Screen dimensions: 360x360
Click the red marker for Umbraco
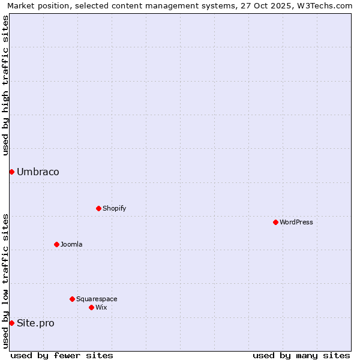pos(11,172)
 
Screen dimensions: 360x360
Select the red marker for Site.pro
pos(11,323)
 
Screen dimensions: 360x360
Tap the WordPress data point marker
pos(275,222)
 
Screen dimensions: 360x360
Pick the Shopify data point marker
pos(98,208)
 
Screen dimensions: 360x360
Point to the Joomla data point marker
pos(56,244)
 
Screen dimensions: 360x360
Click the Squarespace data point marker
pos(72,299)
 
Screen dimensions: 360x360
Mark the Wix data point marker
pos(91,307)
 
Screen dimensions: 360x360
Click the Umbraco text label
pos(38,172)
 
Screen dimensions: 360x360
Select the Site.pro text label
pos(35,323)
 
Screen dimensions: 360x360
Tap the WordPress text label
pos(296,222)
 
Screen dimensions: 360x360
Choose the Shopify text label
pos(115,208)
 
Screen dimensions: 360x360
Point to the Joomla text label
pos(71,244)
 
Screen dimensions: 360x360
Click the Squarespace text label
pos(97,299)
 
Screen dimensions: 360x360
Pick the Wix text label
pos(101,307)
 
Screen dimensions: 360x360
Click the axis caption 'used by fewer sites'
pos(62,355)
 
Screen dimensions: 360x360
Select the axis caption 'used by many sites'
pos(301,355)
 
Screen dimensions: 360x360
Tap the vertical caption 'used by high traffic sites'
pos(5,85)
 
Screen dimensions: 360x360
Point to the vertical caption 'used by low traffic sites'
pos(5,280)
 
